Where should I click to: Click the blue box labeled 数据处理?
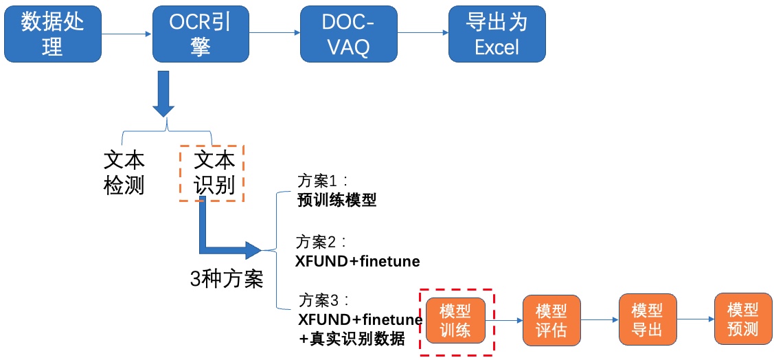click(52, 34)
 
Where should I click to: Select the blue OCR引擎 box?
click(201, 34)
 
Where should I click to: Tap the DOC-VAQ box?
click(349, 34)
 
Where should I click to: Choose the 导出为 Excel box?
click(497, 34)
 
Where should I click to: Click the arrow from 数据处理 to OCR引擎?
click(127, 34)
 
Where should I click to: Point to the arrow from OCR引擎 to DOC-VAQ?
click(275, 34)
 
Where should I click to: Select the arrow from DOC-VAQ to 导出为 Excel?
click(423, 34)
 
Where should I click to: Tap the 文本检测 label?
click(124, 172)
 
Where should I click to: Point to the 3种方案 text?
click(227, 280)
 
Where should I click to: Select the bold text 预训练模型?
click(337, 201)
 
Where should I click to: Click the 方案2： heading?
click(323, 242)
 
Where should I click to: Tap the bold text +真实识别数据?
click(352, 339)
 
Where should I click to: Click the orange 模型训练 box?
click(455, 320)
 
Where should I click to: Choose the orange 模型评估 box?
click(552, 320)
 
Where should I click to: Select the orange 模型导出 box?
click(648, 320)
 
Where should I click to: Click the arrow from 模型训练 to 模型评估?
click(504, 320)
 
